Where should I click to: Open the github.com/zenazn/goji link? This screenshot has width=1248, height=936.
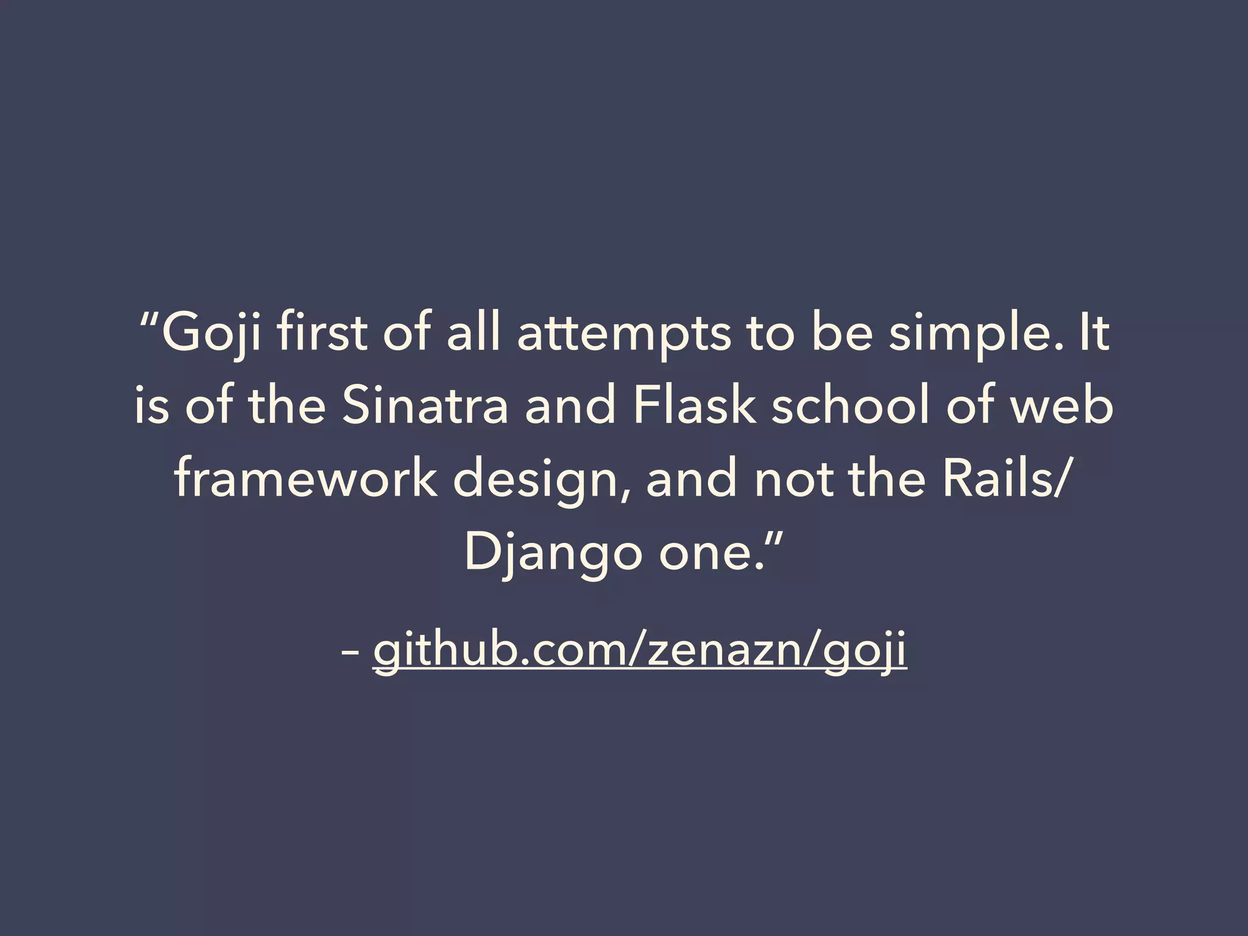[x=640, y=651]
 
